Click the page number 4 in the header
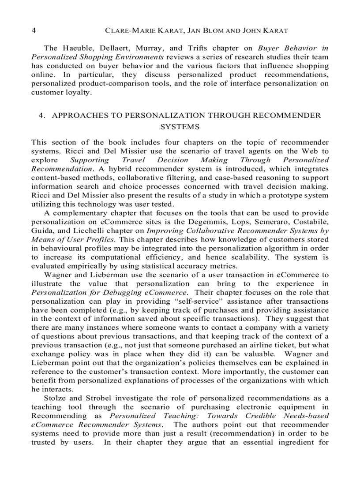(x=34, y=31)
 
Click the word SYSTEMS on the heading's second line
(x=180, y=127)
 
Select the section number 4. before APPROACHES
(x=42, y=115)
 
